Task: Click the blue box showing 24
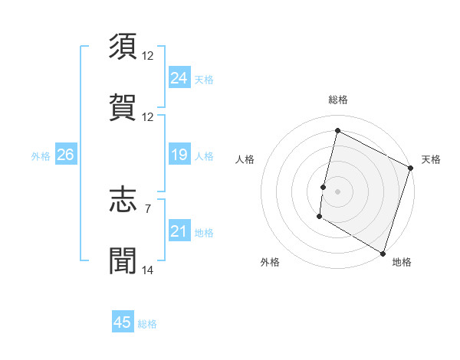tap(179, 78)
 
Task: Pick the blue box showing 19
tap(179, 155)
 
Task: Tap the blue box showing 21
tap(179, 231)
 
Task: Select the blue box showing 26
tap(65, 155)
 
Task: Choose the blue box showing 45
tap(123, 322)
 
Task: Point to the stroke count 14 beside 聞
tap(148, 270)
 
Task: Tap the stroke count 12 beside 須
tap(148, 56)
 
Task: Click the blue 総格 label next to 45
tap(147, 324)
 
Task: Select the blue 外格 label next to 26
tap(41, 156)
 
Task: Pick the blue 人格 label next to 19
tap(204, 156)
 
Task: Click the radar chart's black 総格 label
tap(338, 100)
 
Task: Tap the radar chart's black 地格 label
tap(402, 262)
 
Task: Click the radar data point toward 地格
tap(383, 253)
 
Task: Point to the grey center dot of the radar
tap(338, 191)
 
